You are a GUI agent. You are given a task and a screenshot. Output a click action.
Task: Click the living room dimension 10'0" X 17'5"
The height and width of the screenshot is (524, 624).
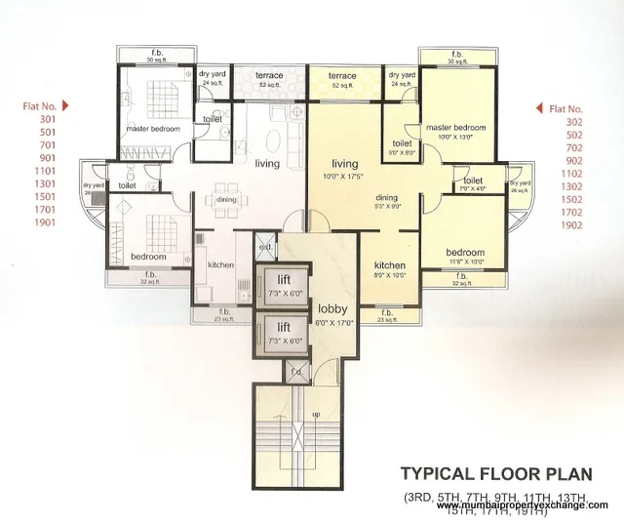tap(346, 177)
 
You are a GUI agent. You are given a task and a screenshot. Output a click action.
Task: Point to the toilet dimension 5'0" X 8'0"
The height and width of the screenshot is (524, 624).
tap(402, 153)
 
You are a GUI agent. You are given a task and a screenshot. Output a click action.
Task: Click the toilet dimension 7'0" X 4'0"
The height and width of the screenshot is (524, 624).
tap(475, 190)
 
